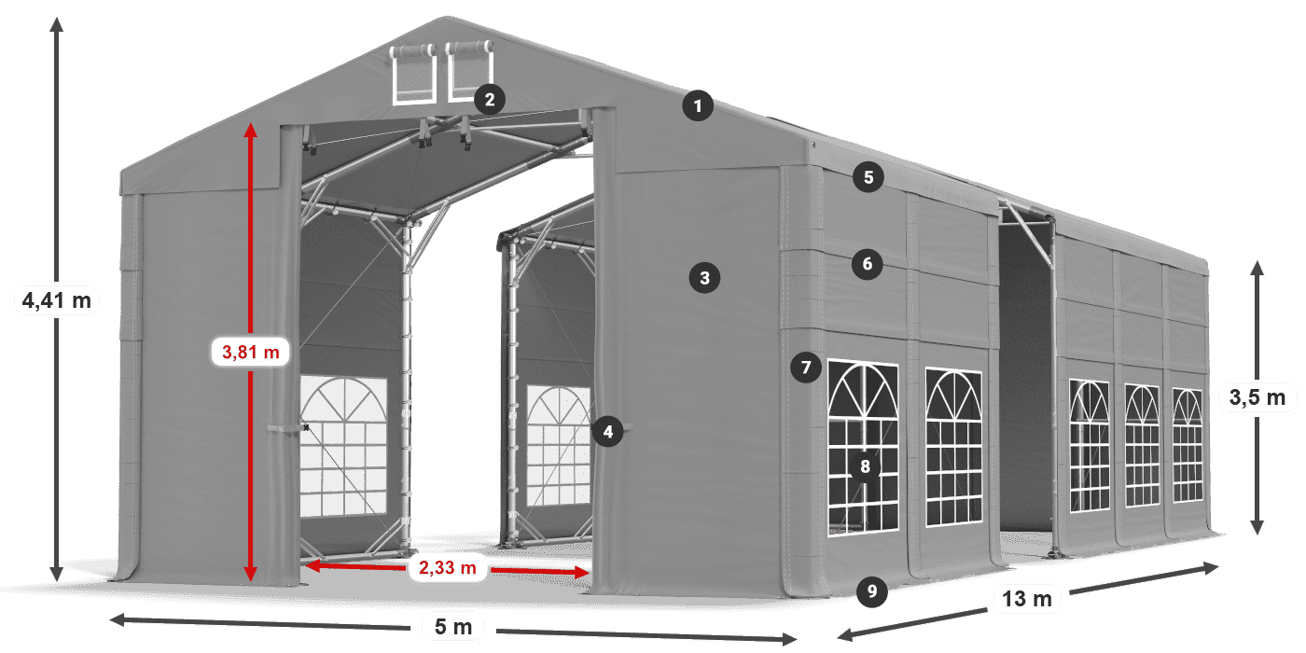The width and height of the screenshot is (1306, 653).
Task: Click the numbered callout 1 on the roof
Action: [697, 106]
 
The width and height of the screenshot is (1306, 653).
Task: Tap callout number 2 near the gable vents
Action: [489, 99]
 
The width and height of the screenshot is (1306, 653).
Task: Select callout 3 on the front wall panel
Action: [704, 277]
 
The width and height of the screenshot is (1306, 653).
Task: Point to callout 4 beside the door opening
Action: [607, 432]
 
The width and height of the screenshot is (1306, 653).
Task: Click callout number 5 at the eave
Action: [868, 178]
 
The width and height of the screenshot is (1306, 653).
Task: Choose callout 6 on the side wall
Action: [867, 264]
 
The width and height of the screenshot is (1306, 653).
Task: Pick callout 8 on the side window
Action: [866, 466]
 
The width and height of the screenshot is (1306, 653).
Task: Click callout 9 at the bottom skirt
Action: [870, 590]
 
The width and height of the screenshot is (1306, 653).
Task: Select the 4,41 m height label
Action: [56, 300]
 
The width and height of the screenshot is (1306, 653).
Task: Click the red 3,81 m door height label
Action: [250, 352]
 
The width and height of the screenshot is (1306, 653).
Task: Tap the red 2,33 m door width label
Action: [447, 566]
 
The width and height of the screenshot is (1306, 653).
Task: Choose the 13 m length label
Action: [1028, 598]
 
